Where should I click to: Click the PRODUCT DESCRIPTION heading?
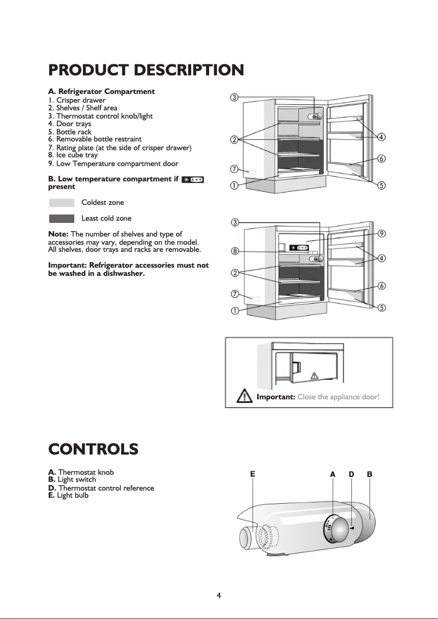click(146, 70)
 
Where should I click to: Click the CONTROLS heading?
click(93, 450)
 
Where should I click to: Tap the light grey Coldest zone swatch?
click(61, 203)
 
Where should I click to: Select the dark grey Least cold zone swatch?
click(61, 219)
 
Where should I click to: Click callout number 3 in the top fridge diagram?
click(234, 98)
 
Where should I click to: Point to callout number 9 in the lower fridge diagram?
click(382, 233)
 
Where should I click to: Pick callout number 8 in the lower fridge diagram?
click(234, 251)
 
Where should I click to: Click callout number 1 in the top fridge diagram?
click(234, 185)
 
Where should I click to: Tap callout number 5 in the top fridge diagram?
click(382, 185)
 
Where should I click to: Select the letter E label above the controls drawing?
click(252, 474)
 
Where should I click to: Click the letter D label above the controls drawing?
click(352, 474)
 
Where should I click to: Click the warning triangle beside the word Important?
click(244, 396)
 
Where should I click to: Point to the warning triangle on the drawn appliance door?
click(314, 375)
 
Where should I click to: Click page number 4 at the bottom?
click(218, 595)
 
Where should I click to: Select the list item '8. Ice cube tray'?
click(73, 155)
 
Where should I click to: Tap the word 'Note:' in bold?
click(59, 234)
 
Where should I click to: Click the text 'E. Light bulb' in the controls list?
click(68, 496)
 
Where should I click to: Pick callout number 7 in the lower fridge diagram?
click(234, 294)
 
